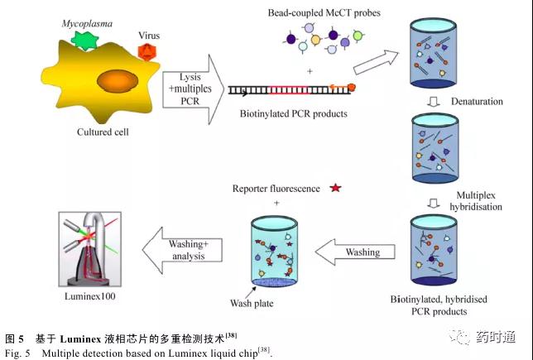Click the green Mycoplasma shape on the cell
point(84,41)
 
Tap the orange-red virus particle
point(146,51)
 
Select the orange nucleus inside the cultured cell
point(118,81)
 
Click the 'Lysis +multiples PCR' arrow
point(193,89)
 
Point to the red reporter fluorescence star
point(335,188)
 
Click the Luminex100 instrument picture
point(90,249)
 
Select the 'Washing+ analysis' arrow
point(182,250)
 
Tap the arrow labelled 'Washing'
point(355,252)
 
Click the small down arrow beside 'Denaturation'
point(433,102)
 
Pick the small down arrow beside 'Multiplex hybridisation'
point(434,204)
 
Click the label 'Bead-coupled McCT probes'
point(324,13)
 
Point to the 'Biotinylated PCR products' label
point(293,113)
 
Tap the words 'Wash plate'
point(252,303)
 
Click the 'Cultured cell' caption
point(103,132)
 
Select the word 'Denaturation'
point(477,101)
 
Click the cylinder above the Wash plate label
point(274,252)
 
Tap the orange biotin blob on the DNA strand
point(352,88)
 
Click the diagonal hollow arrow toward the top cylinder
point(376,62)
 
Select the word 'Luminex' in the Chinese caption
point(80,339)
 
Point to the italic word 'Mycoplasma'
point(87,23)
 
